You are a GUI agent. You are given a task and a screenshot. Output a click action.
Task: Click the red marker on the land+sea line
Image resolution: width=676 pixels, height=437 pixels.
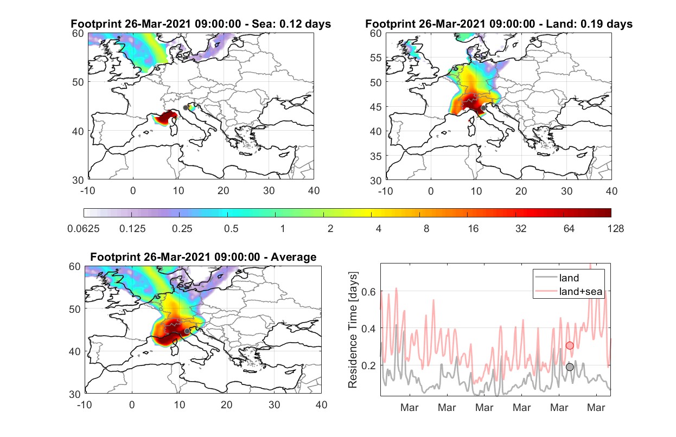tap(570, 345)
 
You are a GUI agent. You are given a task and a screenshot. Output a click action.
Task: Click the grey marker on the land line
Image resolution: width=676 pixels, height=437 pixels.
tap(570, 367)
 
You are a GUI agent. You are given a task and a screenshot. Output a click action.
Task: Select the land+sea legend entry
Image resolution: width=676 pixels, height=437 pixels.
tap(569, 291)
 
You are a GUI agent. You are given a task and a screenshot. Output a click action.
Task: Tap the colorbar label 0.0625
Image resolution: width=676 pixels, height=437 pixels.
tap(84, 229)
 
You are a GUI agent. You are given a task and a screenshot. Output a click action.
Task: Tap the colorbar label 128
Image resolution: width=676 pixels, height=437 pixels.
tap(615, 229)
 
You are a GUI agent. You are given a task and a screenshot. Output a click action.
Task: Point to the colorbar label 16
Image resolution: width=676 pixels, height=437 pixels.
tap(473, 229)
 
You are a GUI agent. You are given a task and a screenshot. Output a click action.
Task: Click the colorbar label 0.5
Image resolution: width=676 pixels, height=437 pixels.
tap(231, 229)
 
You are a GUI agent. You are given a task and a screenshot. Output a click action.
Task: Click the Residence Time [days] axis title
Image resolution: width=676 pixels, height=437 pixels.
tap(353, 330)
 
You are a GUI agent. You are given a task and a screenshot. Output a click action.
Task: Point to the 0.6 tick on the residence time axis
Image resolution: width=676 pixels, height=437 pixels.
tap(368, 292)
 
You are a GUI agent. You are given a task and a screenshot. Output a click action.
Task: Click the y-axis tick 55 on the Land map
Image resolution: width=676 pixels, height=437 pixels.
tap(376, 57)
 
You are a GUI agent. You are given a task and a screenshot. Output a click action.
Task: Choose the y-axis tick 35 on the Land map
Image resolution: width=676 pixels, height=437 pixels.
tap(376, 156)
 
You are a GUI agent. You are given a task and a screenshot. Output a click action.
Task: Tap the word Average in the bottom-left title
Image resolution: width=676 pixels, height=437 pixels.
tap(294, 257)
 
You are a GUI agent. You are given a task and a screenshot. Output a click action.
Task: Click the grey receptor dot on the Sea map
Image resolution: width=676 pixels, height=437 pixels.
tap(186, 108)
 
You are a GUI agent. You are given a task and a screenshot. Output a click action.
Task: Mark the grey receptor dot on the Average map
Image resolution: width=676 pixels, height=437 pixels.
tap(187, 331)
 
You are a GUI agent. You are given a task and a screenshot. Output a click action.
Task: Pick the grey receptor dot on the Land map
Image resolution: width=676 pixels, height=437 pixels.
tap(483, 108)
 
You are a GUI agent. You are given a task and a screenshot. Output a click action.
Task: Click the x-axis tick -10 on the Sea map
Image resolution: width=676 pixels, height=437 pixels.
tap(87, 191)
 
